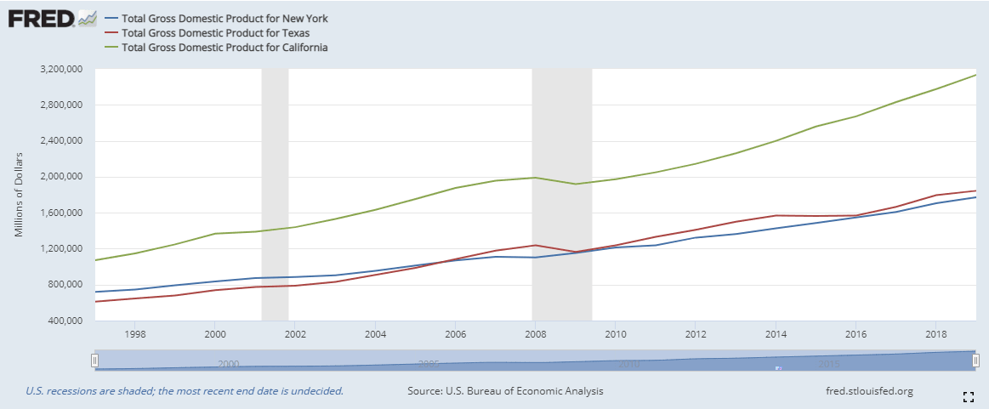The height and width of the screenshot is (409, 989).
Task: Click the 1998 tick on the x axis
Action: (135, 333)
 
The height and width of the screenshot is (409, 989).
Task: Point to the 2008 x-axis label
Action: (536, 333)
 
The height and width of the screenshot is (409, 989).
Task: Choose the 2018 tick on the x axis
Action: (935, 333)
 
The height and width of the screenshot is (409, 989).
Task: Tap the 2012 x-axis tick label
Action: (696, 333)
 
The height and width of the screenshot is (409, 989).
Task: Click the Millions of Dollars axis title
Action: (19, 195)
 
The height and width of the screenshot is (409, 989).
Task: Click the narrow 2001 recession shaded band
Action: (275, 196)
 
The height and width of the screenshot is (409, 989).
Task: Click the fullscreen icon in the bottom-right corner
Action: (968, 396)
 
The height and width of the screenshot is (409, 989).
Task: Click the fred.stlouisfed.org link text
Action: (869, 391)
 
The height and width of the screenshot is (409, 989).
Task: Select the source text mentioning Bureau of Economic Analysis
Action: (505, 391)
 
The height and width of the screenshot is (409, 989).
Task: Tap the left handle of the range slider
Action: (95, 361)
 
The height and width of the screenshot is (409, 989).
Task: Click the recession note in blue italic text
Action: (185, 391)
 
